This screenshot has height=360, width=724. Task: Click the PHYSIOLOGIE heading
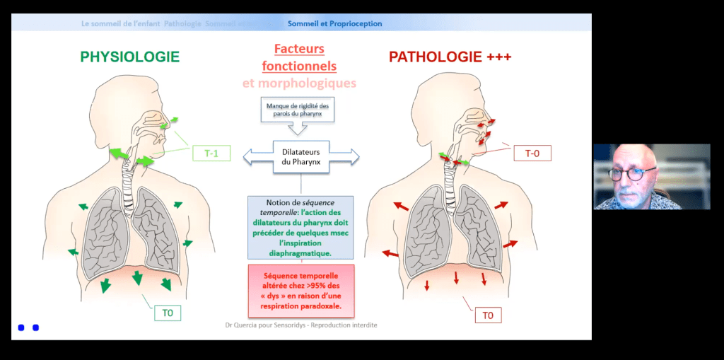coord(129,57)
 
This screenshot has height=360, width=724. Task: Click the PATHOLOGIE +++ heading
coord(450,57)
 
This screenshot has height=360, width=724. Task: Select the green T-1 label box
coord(211,153)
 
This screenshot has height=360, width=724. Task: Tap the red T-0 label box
coord(532,153)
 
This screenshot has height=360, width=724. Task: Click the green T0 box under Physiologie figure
coord(168,312)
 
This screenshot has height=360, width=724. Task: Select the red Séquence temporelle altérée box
coord(300,291)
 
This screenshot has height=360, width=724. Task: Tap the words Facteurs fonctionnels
coord(299,58)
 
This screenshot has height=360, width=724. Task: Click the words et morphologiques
coord(299,83)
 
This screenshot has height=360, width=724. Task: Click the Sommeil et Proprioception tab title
coord(334,23)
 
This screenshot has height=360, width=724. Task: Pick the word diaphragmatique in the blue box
coord(300,252)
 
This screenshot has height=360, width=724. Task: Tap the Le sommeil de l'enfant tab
coord(121,23)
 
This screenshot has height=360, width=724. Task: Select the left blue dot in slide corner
coord(21,327)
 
